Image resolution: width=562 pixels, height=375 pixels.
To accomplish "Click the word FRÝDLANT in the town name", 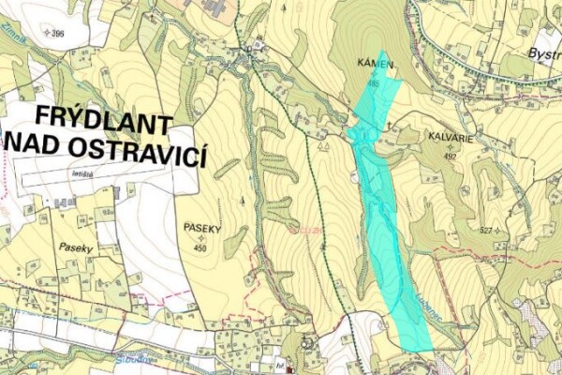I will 104,123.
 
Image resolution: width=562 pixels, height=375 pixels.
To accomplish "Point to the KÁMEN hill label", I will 374,64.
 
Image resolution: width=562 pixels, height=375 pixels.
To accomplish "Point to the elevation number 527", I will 484,231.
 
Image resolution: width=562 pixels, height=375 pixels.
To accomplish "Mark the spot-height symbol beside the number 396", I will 46,34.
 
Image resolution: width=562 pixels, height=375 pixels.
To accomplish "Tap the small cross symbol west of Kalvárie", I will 388,123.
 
